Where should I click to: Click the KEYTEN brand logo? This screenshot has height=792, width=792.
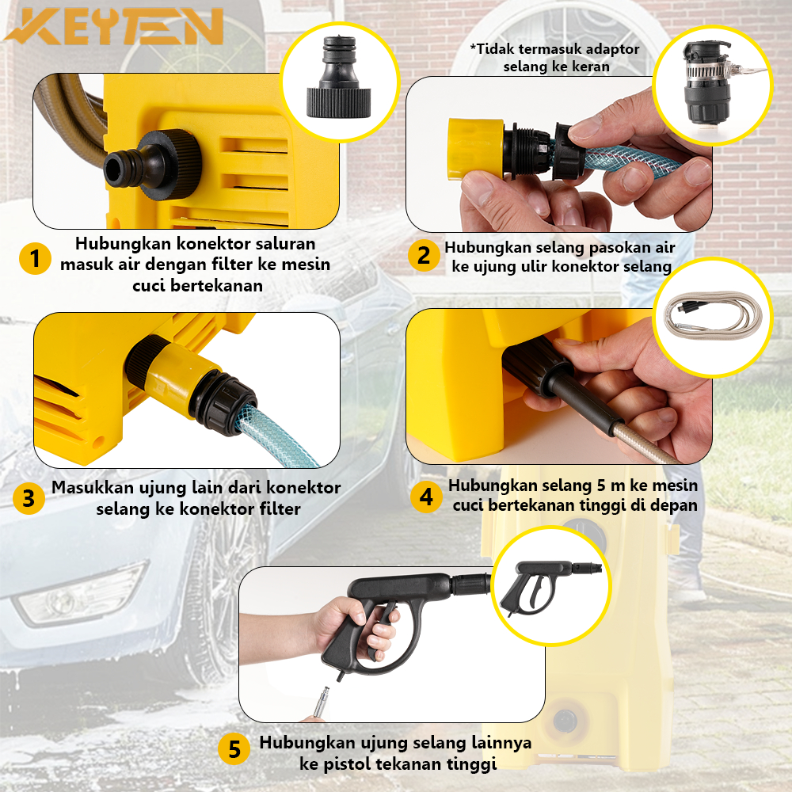114,27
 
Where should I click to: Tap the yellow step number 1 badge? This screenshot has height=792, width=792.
35,259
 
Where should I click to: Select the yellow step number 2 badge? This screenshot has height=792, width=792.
423,255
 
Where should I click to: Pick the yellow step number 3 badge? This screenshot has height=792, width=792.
29,498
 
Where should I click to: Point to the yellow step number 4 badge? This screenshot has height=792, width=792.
426,497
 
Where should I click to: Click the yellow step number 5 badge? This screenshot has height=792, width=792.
234,749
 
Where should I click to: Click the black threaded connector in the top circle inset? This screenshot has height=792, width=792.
338,77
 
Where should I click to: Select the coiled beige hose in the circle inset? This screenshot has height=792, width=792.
712,316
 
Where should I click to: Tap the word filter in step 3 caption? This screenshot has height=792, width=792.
278,508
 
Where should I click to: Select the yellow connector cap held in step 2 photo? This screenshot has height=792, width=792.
475,149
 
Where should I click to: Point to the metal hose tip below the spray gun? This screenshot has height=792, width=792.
321,702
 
